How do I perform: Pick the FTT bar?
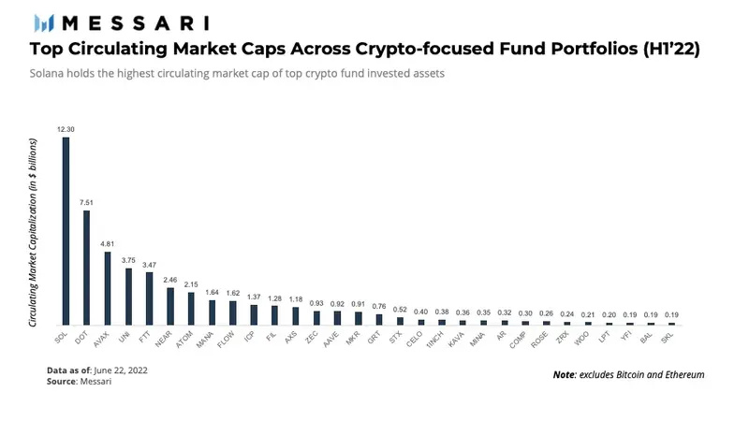[x=149, y=298]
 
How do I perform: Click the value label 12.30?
[x=66, y=128]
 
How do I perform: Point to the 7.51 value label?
[x=86, y=202]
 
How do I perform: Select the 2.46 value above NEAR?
[x=169, y=280]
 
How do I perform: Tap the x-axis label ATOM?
[x=187, y=341]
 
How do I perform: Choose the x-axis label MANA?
[x=208, y=341]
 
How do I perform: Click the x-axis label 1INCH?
[x=437, y=342]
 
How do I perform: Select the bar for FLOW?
[x=232, y=312]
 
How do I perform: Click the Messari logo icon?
[x=43, y=22]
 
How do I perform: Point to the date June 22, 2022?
[x=119, y=370]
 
